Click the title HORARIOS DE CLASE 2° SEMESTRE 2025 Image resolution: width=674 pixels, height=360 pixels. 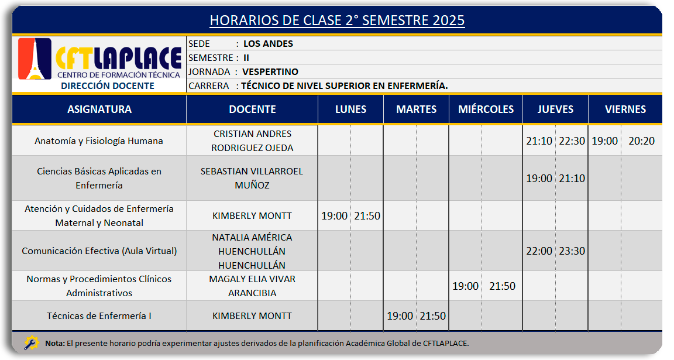click(x=337, y=20)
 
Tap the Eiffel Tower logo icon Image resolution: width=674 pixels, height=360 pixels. click(x=35, y=59)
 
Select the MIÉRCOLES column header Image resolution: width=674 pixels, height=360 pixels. click(x=486, y=109)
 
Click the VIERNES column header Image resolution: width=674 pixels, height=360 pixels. click(x=625, y=109)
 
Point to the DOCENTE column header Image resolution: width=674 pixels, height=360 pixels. click(x=252, y=109)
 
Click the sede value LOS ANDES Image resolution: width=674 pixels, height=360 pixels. click(x=268, y=43)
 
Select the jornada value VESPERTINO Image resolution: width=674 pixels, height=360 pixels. click(x=270, y=72)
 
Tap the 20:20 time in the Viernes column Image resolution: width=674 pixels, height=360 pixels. click(x=641, y=140)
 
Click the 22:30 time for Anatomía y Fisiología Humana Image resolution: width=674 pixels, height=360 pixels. click(x=572, y=140)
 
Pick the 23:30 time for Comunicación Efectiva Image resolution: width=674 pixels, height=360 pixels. click(x=572, y=251)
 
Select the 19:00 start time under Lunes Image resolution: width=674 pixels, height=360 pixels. click(x=335, y=215)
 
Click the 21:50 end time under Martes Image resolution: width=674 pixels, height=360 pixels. click(x=432, y=316)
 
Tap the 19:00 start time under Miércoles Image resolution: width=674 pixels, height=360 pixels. click(x=465, y=286)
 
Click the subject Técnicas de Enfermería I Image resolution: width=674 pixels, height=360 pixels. click(x=99, y=316)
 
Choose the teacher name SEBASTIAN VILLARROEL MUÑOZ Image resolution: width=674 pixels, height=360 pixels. click(x=252, y=178)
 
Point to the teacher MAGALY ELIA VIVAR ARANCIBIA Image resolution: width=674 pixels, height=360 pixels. click(x=252, y=286)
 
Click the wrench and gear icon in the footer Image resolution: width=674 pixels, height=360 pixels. click(x=32, y=343)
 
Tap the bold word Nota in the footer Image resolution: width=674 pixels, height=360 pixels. click(x=55, y=343)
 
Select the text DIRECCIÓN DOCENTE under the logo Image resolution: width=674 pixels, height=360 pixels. click(x=108, y=85)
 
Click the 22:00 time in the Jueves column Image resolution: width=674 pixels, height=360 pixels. click(x=539, y=251)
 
